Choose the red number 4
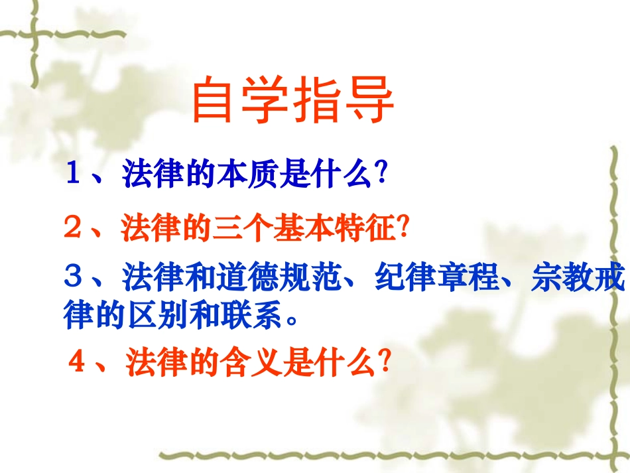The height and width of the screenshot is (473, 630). [x=78, y=363]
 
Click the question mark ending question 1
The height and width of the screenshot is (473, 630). [x=381, y=175]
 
